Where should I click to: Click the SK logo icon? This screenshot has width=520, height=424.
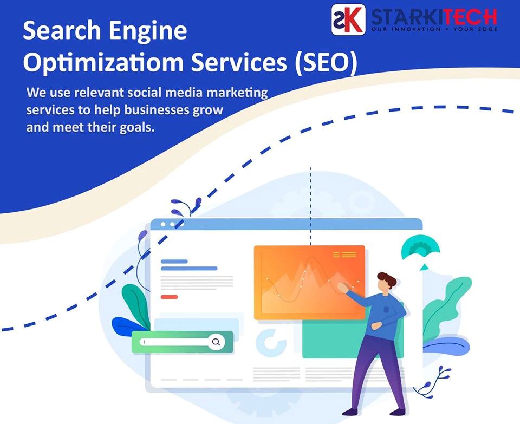tap(348, 19)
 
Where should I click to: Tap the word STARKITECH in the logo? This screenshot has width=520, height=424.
tap(434, 17)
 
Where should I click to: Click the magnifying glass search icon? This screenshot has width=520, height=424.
tap(216, 342)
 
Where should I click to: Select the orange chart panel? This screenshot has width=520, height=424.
tap(309, 283)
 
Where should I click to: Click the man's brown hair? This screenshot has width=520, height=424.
tap(387, 279)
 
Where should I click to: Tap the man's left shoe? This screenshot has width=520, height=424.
tap(350, 412)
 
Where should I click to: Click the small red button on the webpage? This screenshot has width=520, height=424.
tap(169, 297)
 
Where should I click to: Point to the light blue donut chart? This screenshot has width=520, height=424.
tap(271, 343)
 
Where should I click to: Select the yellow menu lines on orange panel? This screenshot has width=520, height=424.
tap(344, 255)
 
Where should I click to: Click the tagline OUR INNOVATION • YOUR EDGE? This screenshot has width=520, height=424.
tap(434, 29)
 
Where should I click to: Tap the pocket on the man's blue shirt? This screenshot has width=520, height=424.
tap(386, 310)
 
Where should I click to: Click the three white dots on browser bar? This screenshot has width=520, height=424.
tap(172, 224)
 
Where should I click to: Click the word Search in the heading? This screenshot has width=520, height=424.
tap(62, 30)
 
